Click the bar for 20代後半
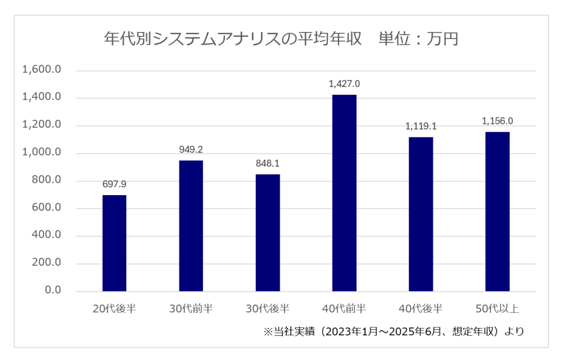click(114, 243)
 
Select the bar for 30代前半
click(191, 226)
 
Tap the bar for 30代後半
click(267, 233)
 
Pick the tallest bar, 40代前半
click(344, 193)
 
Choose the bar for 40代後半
click(421, 214)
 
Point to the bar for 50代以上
click(497, 211)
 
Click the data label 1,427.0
click(344, 84)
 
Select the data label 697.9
click(114, 184)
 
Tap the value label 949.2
click(191, 150)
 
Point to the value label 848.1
click(267, 164)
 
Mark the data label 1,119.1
click(421, 126)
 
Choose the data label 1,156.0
click(497, 121)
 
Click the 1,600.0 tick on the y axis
click(41, 70)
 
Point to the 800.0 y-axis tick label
click(45, 181)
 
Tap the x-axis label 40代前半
click(344, 308)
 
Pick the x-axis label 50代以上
click(497, 308)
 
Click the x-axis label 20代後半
click(114, 308)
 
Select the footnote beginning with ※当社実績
click(394, 331)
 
